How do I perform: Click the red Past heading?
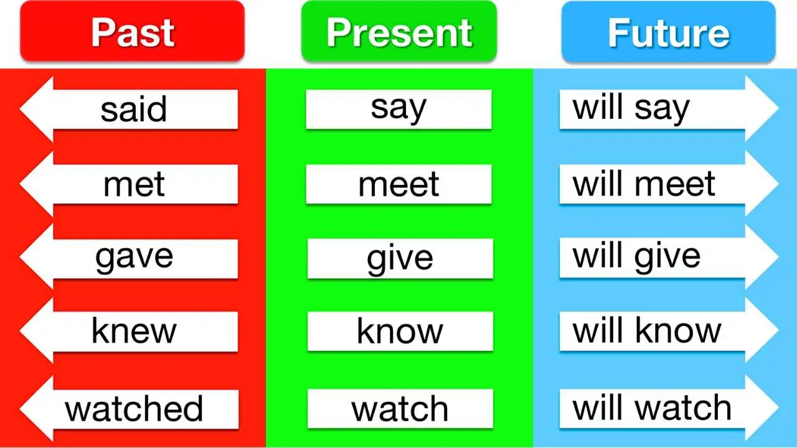133,31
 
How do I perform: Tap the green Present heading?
399,31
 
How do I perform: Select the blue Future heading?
669,32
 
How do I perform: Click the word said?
133,109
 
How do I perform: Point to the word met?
134,184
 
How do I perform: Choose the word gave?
134,258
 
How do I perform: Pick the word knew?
134,331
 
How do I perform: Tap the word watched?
134,409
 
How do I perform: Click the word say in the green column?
398,109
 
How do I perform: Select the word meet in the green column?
398,184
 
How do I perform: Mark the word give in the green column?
400,259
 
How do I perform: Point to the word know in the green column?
400,331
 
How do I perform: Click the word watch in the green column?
400,409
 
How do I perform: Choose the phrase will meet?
644,184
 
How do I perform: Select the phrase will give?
636,258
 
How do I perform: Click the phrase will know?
646,330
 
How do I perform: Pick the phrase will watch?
652,408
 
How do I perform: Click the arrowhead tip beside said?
20,109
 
